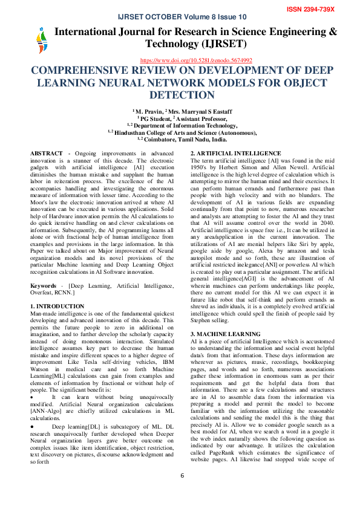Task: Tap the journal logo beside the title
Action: coord(41,42)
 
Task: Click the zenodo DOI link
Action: coord(196,60)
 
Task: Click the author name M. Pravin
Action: coord(148,111)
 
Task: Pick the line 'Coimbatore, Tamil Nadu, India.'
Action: coord(184,139)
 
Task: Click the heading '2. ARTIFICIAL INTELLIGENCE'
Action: coord(235,154)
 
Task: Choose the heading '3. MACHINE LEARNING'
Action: coord(226,334)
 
